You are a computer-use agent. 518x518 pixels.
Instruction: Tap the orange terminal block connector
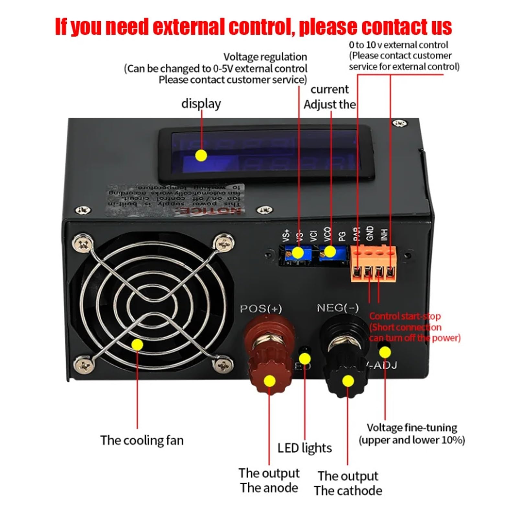pyautogui.click(x=374, y=264)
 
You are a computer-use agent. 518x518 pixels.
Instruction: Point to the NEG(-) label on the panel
pyautogui.click(x=338, y=308)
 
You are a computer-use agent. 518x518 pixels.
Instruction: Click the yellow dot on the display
pyautogui.click(x=201, y=156)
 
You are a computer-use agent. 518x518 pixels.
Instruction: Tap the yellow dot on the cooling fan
pyautogui.click(x=137, y=344)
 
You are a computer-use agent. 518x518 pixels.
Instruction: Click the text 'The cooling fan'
pyautogui.click(x=142, y=441)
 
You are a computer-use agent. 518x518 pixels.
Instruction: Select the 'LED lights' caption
pyautogui.click(x=305, y=448)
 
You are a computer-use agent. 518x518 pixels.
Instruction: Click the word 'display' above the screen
pyautogui.click(x=201, y=104)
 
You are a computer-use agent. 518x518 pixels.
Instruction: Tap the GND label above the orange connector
pyautogui.click(x=370, y=233)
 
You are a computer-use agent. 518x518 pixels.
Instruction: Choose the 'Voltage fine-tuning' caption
pyautogui.click(x=412, y=428)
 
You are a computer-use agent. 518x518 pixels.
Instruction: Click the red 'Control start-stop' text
pyautogui.click(x=405, y=316)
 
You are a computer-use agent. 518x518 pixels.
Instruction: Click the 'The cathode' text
pyautogui.click(x=348, y=491)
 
